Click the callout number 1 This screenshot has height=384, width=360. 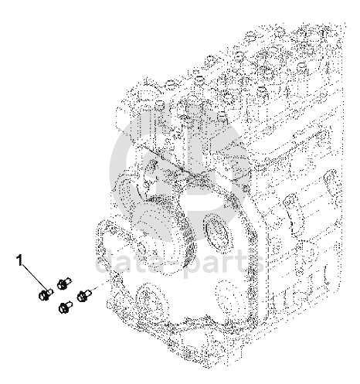(20, 260)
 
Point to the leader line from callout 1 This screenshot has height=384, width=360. (35, 277)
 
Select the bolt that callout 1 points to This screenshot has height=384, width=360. (46, 294)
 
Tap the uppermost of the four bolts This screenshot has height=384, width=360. (63, 284)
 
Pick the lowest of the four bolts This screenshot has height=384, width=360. (66, 307)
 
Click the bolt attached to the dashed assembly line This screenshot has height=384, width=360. (84, 296)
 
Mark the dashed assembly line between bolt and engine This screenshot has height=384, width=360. (103, 285)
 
